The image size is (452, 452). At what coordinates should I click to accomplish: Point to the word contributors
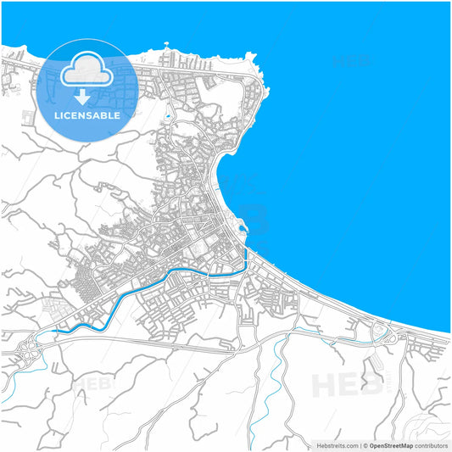coord(432,445)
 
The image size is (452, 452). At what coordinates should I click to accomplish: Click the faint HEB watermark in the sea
coord(349,61)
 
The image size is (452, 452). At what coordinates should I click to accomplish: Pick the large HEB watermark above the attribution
coord(348,386)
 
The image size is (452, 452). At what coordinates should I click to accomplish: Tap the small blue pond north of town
coord(169,114)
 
